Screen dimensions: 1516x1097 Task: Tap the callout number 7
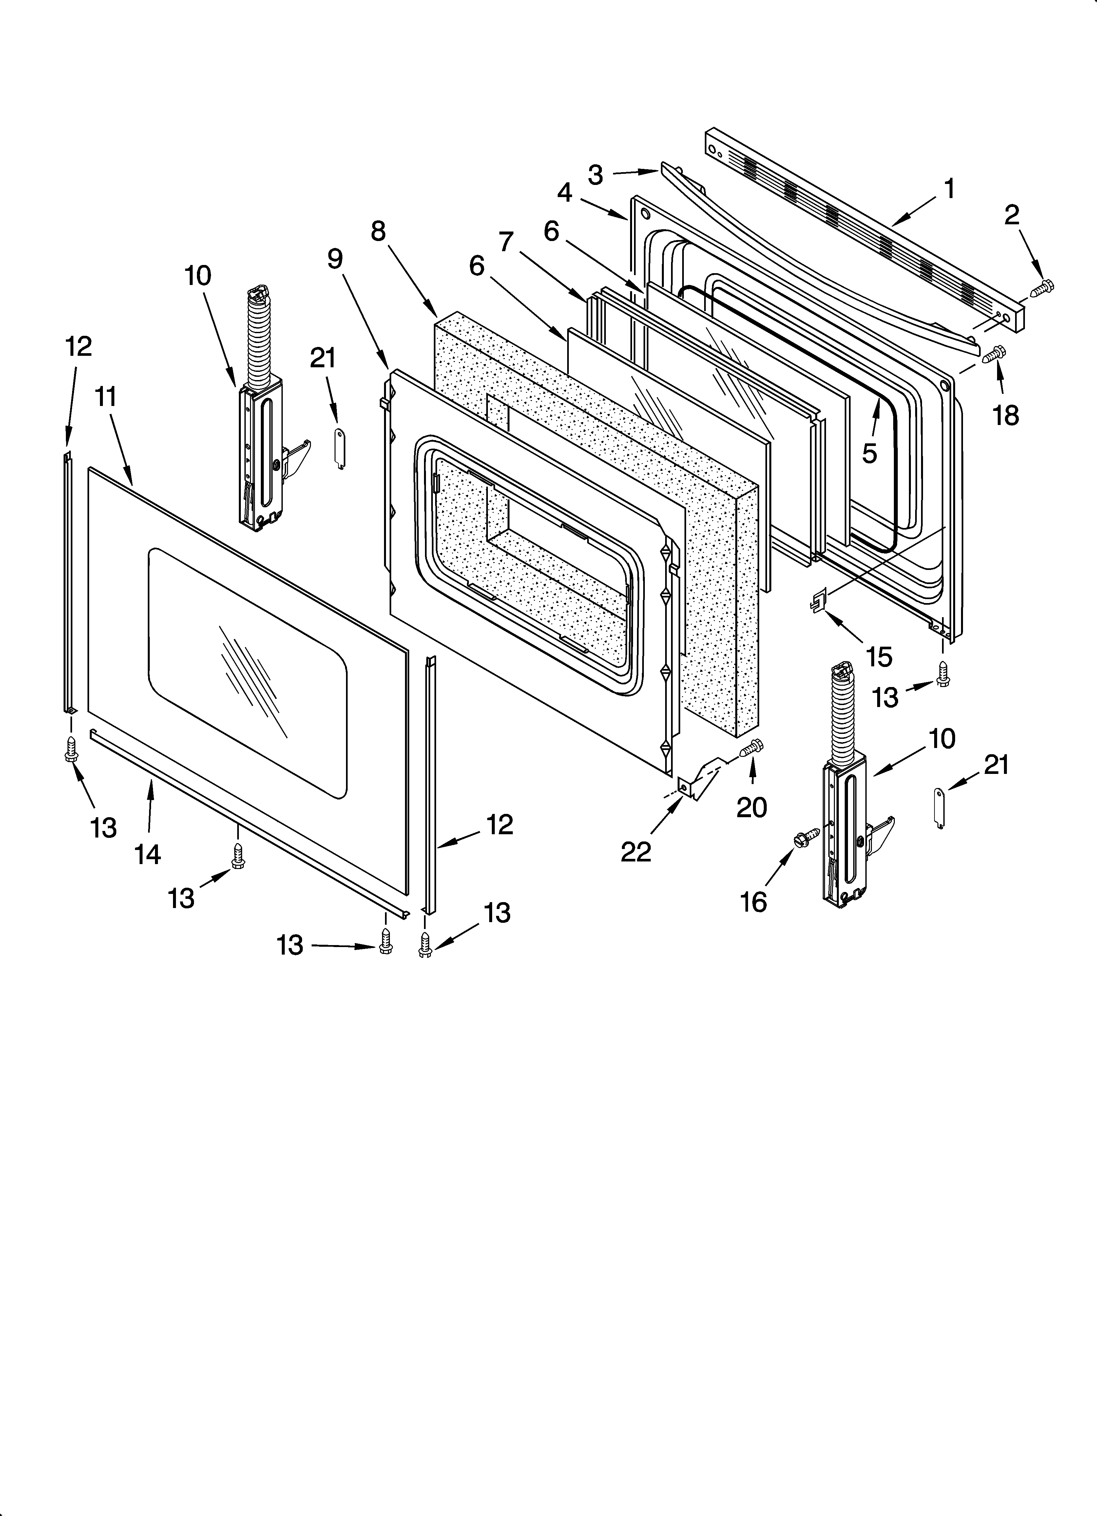[x=507, y=241]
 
